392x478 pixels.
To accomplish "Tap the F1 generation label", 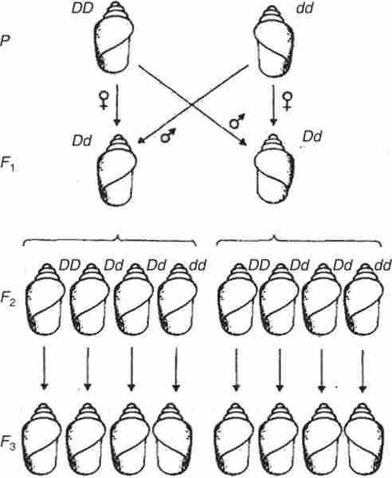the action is [x=7, y=164].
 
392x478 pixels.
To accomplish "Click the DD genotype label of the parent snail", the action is [x=82, y=8].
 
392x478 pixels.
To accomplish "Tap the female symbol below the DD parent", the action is [x=104, y=100].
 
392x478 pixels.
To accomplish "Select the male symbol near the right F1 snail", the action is [x=237, y=121].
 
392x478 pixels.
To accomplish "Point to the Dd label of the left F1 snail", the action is [x=82, y=141].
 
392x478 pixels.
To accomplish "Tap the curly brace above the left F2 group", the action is [x=109, y=240].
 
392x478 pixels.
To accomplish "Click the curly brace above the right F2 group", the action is [x=299, y=240].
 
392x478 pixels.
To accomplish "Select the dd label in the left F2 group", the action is [x=198, y=265].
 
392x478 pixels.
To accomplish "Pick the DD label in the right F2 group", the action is [x=259, y=265].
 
